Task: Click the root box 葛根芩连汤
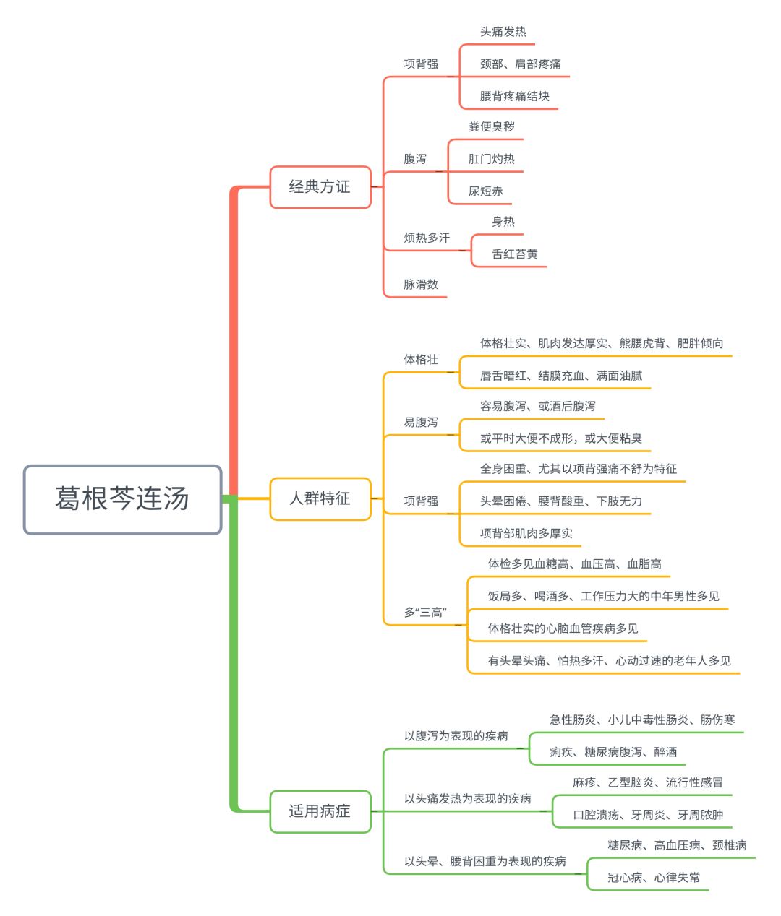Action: (122, 499)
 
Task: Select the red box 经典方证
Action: (320, 187)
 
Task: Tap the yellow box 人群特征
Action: (320, 498)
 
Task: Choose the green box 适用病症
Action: (320, 811)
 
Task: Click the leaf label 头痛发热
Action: (503, 32)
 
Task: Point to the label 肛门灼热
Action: (491, 159)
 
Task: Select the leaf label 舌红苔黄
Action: (515, 254)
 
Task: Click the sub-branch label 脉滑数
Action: (421, 285)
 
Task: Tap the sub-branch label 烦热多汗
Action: (427, 238)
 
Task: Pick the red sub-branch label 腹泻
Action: (415, 159)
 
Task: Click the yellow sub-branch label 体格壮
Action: (421, 359)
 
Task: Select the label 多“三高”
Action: (425, 612)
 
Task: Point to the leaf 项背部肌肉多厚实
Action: (526, 533)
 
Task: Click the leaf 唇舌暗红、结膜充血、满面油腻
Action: (561, 376)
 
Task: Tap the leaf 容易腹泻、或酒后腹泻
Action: (538, 406)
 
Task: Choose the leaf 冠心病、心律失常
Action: (654, 877)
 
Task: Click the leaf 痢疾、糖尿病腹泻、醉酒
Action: (613, 752)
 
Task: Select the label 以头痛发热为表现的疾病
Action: (467, 798)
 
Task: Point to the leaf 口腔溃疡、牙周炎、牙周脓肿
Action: (648, 815)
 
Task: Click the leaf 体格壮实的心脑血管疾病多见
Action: (563, 628)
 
